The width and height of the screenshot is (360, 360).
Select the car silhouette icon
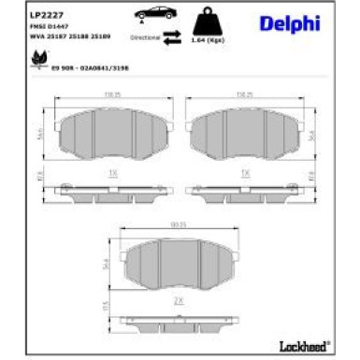click(x=152, y=14)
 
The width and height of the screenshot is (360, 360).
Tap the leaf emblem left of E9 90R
click(x=41, y=61)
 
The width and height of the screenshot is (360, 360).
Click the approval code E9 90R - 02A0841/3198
click(x=90, y=67)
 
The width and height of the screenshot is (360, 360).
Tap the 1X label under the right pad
click(x=245, y=174)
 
